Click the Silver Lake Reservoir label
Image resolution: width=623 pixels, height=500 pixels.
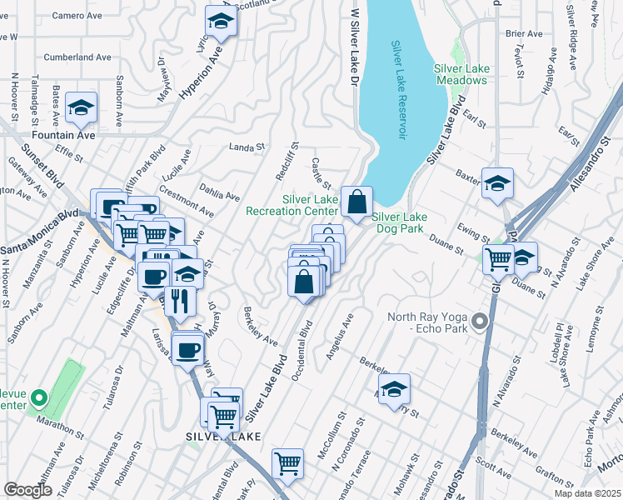click(x=400, y=90)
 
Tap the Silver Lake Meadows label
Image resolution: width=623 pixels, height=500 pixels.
click(x=460, y=74)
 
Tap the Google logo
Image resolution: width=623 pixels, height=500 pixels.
click(x=28, y=490)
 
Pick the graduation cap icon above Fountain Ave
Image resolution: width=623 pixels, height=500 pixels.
click(x=82, y=108)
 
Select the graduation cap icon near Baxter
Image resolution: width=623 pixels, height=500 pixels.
click(x=497, y=184)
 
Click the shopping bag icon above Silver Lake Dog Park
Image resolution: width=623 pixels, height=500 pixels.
click(x=356, y=202)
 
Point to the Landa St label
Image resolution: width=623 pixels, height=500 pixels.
click(x=247, y=147)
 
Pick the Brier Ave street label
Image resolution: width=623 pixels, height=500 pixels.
click(x=523, y=34)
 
